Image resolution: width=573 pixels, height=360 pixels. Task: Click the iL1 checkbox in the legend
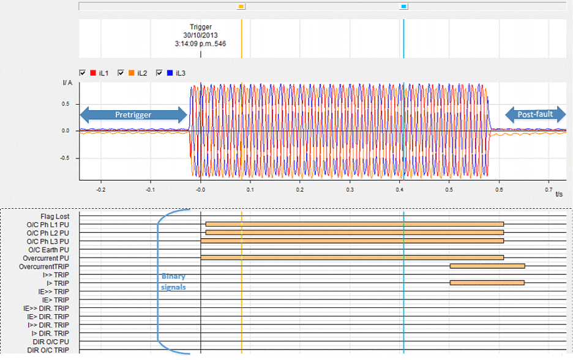(x=83, y=73)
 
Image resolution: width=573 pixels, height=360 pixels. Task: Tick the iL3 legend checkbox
(x=160, y=73)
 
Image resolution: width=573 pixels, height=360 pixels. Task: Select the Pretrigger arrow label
(x=133, y=114)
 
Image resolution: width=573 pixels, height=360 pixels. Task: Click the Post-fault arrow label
(x=535, y=114)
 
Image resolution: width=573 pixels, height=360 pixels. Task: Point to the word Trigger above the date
(x=201, y=27)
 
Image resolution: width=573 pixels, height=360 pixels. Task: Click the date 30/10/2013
(x=200, y=36)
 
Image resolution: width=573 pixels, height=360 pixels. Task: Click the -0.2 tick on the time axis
(x=101, y=190)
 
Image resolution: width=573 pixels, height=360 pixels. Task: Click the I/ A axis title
(x=68, y=82)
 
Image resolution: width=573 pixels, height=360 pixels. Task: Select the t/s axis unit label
(x=559, y=195)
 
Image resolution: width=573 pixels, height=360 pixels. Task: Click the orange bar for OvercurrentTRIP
(x=487, y=266)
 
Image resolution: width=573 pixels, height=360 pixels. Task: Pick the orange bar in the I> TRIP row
(x=487, y=283)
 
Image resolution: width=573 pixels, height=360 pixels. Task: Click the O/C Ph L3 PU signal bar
(x=352, y=241)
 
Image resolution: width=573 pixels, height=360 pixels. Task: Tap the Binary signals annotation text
(x=173, y=281)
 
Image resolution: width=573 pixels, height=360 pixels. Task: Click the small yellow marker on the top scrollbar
(x=241, y=6)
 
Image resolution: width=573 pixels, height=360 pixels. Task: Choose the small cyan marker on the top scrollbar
(x=403, y=6)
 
